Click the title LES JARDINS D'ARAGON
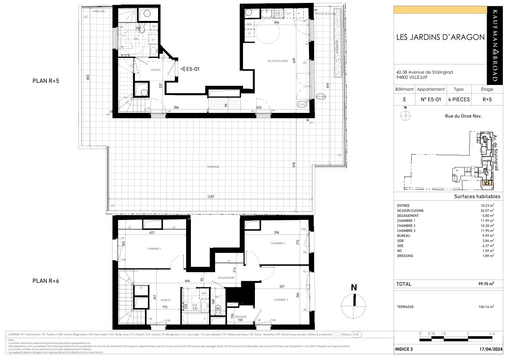point(440,37)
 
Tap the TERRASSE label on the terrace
point(213,167)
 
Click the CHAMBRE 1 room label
point(154,249)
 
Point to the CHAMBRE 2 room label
point(278,243)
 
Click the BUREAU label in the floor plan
point(166,300)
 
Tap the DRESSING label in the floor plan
point(241,316)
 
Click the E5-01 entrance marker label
point(193,69)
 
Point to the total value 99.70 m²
point(485,284)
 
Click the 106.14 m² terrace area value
point(485,307)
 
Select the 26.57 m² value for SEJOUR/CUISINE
point(487,211)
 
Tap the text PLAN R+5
point(46,81)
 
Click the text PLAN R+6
point(46,281)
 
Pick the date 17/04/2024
point(484,349)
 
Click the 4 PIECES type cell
point(459,99)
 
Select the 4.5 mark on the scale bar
point(492,334)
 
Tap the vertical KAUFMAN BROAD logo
point(495,45)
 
